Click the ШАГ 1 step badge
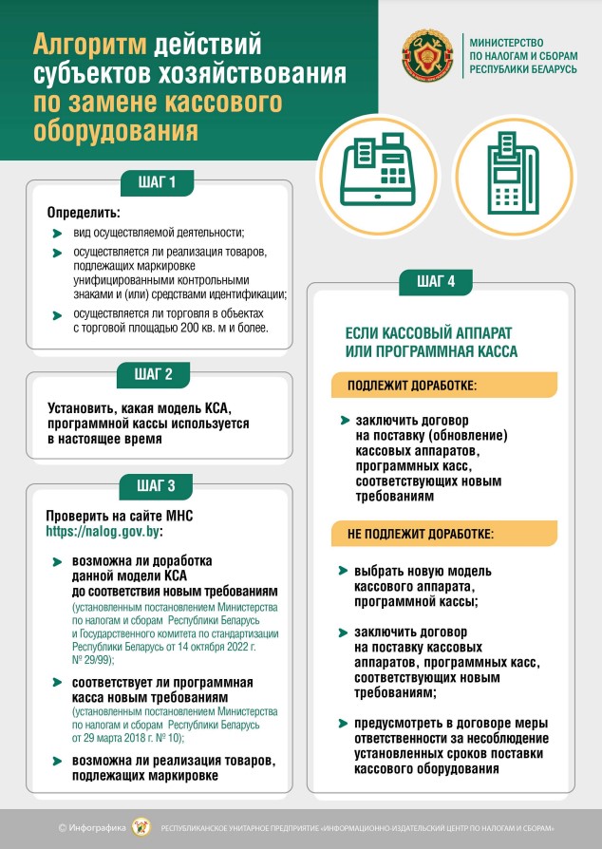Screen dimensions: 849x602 point(158,181)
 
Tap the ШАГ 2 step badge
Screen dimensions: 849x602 point(158,374)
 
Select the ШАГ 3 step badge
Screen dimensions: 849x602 point(158,485)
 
